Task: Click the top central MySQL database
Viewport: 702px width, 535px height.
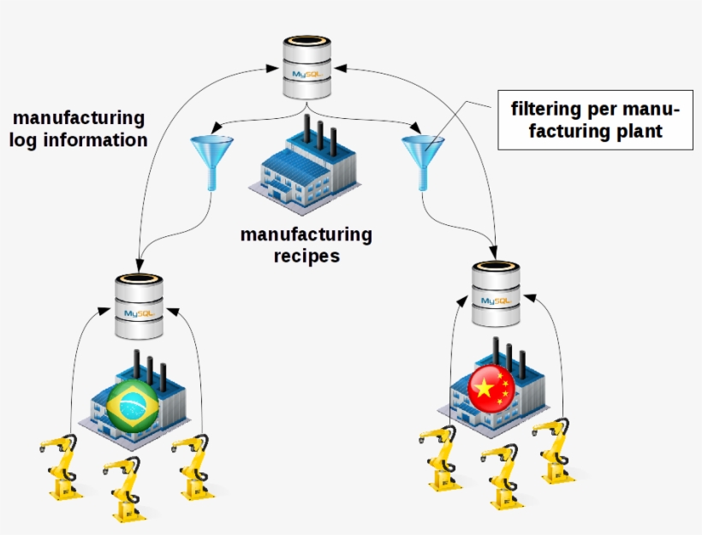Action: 308,67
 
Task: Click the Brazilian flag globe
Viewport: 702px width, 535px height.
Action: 134,406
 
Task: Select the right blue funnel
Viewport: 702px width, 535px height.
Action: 423,159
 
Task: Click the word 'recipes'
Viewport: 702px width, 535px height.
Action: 306,255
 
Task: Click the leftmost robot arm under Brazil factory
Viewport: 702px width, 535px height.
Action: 59,467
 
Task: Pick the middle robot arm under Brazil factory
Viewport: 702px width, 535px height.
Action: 124,489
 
